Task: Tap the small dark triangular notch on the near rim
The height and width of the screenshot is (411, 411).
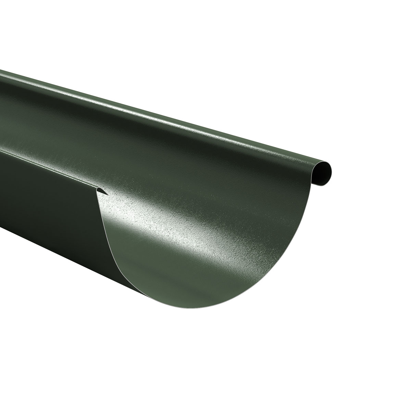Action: coord(102,191)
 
